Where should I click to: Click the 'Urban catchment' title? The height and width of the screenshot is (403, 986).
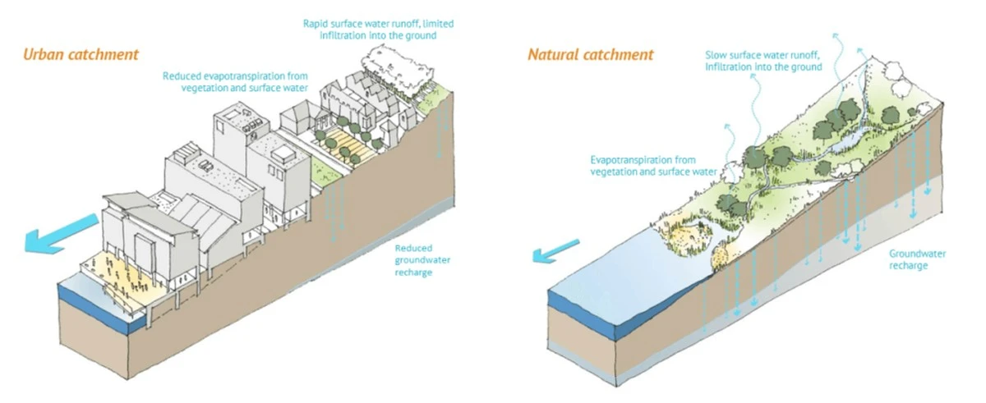click(x=81, y=55)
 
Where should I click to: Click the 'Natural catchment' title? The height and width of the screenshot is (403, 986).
click(x=590, y=55)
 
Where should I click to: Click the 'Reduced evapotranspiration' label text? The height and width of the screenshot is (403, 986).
click(x=235, y=81)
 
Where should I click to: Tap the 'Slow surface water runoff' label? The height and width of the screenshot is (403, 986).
click(x=763, y=61)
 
